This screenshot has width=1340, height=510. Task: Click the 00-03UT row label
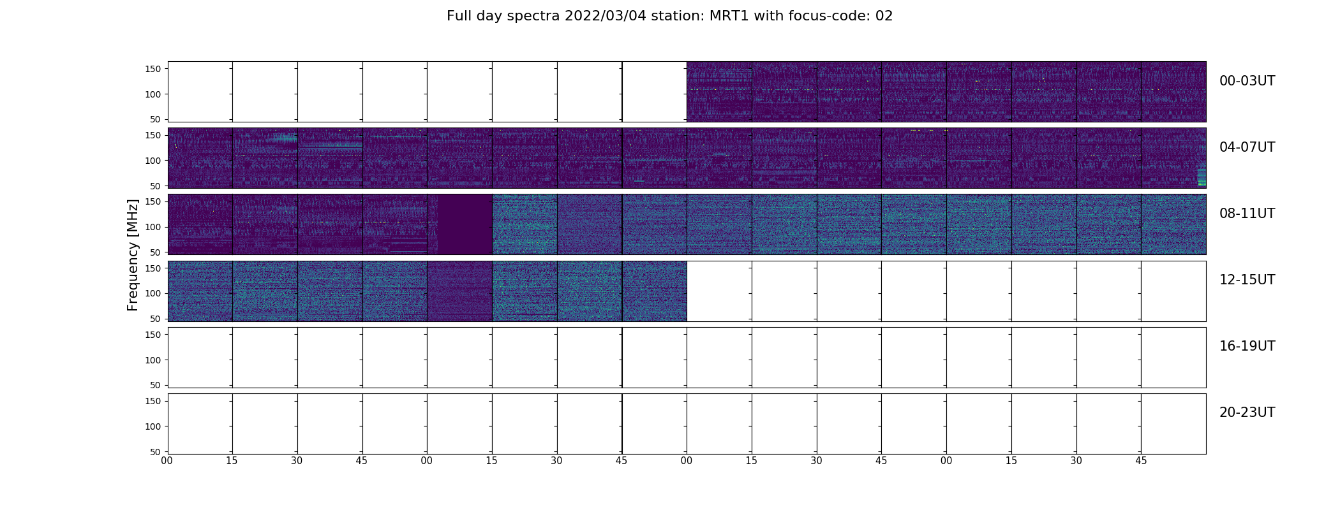(1247, 81)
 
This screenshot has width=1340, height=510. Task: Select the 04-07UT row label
(1247, 147)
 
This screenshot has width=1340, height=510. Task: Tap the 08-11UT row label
(1247, 214)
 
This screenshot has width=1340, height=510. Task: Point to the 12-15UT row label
(1247, 280)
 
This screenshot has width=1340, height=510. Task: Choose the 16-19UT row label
(1247, 346)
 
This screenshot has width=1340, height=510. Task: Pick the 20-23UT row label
(1247, 412)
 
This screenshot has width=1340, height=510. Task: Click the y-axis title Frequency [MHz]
(133, 255)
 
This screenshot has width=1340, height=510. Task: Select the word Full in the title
(458, 16)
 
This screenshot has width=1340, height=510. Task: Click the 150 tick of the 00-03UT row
(154, 69)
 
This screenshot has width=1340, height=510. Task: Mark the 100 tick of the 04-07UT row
(154, 161)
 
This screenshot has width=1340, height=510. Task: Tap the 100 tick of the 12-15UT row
(154, 293)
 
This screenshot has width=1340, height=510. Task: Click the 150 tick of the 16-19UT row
(154, 335)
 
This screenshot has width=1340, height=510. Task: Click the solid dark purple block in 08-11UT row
(465, 224)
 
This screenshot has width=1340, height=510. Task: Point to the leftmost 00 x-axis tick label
(167, 461)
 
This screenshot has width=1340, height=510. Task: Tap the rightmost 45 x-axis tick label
(1141, 461)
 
